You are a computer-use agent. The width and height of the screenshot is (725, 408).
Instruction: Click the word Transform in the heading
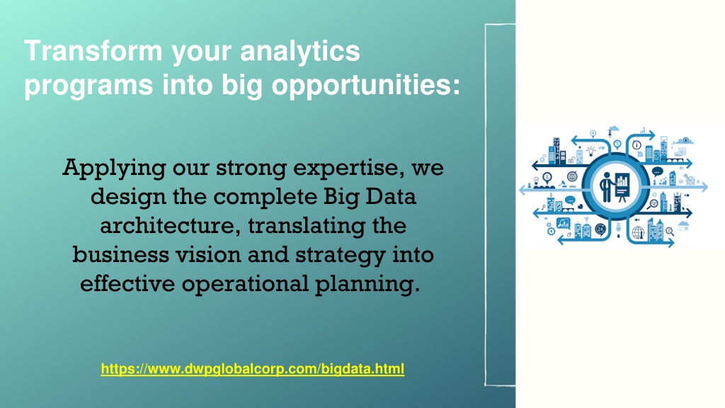(x=93, y=51)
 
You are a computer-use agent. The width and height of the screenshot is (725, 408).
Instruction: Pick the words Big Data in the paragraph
(x=370, y=197)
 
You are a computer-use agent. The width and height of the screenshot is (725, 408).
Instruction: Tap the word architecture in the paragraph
(x=170, y=226)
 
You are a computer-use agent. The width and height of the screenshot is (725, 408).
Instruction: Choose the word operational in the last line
(x=244, y=284)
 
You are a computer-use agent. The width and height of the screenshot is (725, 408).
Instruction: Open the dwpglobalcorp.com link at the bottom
(x=253, y=368)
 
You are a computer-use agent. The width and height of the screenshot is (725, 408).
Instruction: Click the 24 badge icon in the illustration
(x=600, y=229)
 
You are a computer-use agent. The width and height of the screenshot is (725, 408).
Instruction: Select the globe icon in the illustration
(x=638, y=232)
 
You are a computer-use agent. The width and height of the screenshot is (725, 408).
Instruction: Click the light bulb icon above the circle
(x=591, y=151)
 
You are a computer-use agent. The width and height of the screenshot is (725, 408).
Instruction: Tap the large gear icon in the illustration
(x=551, y=230)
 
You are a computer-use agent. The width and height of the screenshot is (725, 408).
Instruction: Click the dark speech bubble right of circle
(x=657, y=172)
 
